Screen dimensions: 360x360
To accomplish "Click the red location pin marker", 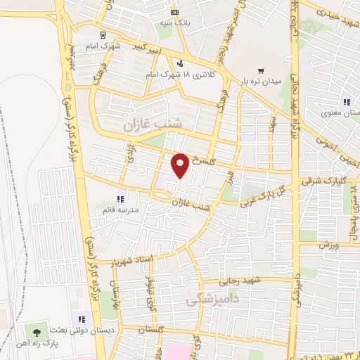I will point(181,165).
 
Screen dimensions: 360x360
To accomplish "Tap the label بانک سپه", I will point(175,22).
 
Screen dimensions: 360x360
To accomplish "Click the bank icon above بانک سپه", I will point(175,12).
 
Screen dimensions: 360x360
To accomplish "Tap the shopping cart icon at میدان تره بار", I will point(261,71).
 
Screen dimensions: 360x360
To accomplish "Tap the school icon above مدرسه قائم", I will point(120,198).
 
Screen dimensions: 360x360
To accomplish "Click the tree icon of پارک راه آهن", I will point(37,330).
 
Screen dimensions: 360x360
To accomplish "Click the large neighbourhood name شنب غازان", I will point(153,124).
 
